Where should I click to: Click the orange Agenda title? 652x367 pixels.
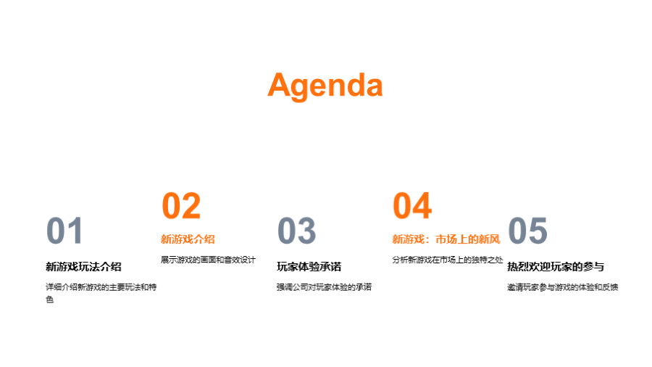click(x=325, y=86)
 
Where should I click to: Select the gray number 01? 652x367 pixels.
click(x=64, y=231)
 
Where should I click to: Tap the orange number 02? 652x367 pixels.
click(x=181, y=205)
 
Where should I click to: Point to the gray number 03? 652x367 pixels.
click(x=296, y=231)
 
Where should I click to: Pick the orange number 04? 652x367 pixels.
click(x=412, y=205)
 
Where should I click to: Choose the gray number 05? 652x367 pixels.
click(x=527, y=231)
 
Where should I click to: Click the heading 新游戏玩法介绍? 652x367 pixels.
click(x=83, y=267)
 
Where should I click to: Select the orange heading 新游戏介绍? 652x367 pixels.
click(x=188, y=239)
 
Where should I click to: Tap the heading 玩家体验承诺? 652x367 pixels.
click(x=309, y=267)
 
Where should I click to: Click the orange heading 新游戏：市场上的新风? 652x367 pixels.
click(x=446, y=239)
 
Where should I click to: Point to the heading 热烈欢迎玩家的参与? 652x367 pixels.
click(x=556, y=267)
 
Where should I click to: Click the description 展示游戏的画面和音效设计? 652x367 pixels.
click(x=208, y=260)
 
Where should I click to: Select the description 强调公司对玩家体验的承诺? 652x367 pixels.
click(x=324, y=287)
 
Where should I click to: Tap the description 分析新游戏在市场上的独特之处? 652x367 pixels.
click(x=448, y=260)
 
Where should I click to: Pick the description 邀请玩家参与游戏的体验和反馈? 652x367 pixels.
click(x=563, y=287)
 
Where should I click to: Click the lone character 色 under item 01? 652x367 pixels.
click(x=49, y=300)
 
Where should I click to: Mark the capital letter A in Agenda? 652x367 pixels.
click(x=280, y=86)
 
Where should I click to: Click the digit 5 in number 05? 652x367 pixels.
click(x=538, y=231)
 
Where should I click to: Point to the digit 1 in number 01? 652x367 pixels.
click(x=75, y=231)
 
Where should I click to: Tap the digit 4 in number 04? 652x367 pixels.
click(x=422, y=205)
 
